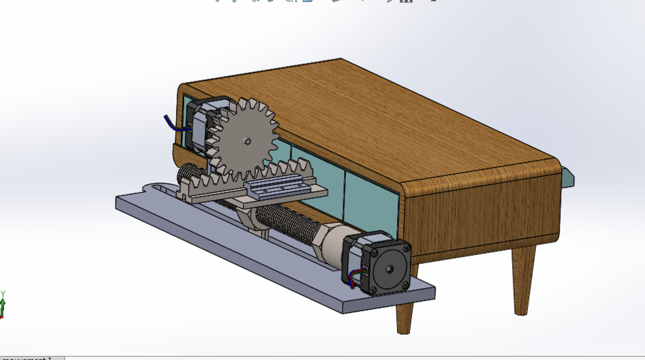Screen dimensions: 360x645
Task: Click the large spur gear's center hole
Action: (x=248, y=141)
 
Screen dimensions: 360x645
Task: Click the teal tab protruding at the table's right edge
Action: (x=568, y=177)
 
